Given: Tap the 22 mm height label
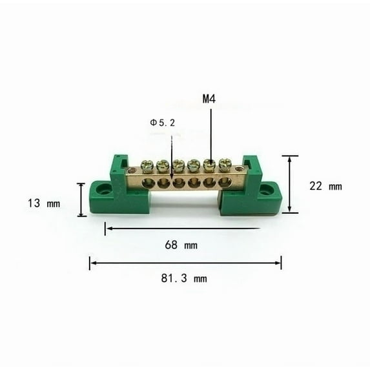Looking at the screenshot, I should (x=325, y=187).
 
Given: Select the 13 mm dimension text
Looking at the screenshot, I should (x=44, y=203).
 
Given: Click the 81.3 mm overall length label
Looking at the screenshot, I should (x=185, y=279).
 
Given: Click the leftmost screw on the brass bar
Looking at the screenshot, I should (x=147, y=167).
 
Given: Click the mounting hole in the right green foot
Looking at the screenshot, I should (x=266, y=190).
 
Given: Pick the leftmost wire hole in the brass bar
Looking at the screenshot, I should (x=149, y=184).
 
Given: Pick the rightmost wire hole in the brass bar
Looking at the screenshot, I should (x=224, y=182).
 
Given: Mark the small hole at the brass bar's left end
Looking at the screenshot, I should (x=132, y=171).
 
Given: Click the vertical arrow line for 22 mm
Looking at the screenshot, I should (x=290, y=184).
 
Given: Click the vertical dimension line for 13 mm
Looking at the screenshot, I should (x=81, y=200).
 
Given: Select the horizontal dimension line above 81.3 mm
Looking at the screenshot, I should (x=185, y=263).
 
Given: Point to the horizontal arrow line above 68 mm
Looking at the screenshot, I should (x=183, y=228).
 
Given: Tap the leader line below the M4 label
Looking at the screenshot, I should (x=211, y=132).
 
